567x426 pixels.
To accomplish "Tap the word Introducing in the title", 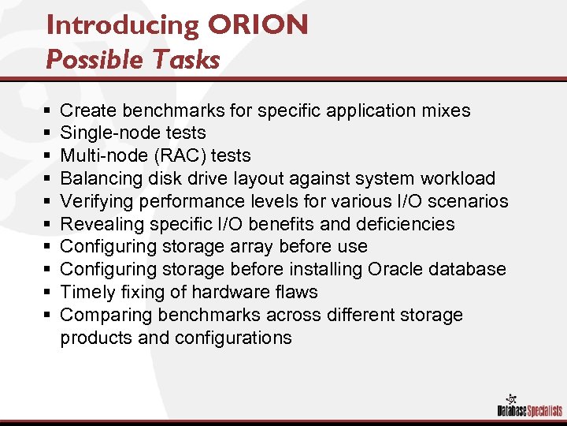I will click(x=123, y=25).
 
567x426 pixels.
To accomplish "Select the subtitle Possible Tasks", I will click(x=132, y=60).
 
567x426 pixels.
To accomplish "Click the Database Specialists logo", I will click(x=528, y=403).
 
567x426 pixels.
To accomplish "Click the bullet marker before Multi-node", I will click(x=49, y=155).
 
